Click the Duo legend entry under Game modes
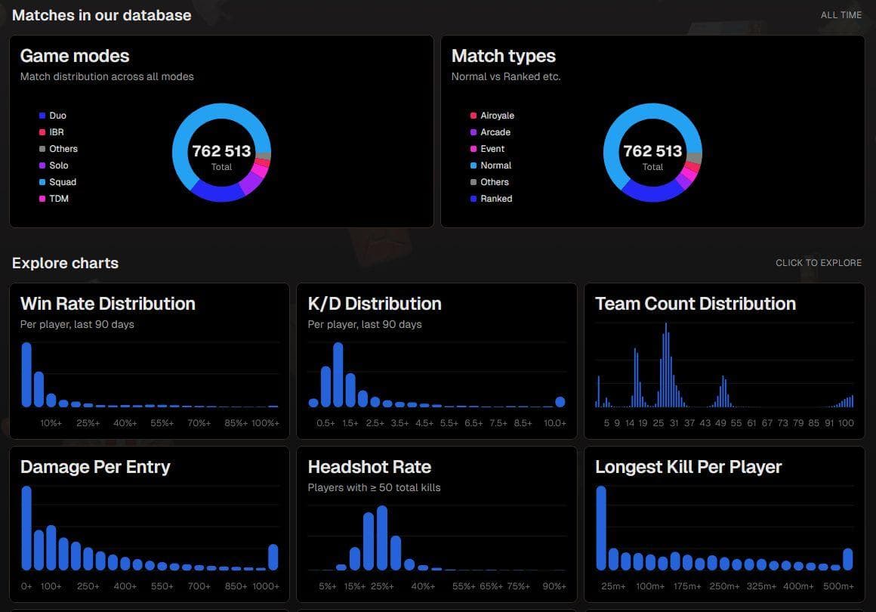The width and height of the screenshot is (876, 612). coord(53,116)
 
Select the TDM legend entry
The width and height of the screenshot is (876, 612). coord(54,199)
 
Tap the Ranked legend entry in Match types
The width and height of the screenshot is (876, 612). coord(491,199)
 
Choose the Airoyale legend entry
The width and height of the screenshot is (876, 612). coord(492,116)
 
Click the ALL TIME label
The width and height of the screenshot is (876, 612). coord(841,15)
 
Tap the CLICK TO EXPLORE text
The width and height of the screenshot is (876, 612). coord(819,263)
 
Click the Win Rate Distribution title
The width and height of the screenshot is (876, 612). coord(108,304)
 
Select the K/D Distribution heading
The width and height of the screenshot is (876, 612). coord(375,304)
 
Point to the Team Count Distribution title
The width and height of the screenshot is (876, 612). coord(696,304)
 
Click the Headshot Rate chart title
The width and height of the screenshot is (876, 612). coord(369,467)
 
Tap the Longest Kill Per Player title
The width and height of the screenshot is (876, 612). coord(688,467)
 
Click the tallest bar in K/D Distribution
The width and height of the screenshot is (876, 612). coord(338,375)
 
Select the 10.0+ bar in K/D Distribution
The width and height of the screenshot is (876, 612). coord(560,402)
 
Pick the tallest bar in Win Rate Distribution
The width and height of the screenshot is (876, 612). coord(26,375)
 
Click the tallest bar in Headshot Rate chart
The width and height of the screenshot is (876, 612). coord(382,538)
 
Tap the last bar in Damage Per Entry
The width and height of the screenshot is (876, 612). coord(273,558)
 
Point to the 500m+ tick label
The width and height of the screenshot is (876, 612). coord(838,586)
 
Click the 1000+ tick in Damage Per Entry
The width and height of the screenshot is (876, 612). coord(266,586)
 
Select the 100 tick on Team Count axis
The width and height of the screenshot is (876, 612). coord(846,423)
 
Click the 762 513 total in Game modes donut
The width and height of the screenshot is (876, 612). coord(222,151)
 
